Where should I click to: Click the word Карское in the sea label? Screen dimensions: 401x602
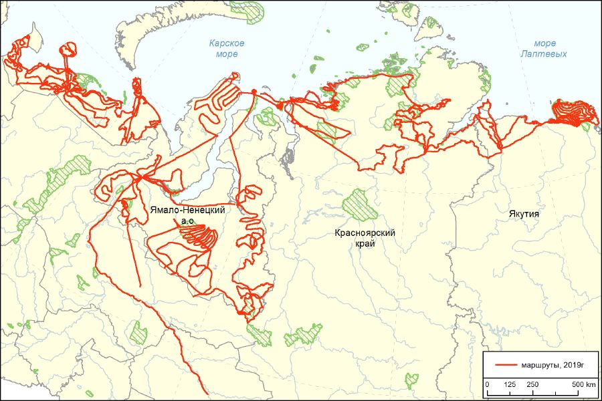[x=226, y=43]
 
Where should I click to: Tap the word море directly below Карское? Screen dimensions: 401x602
[x=226, y=54]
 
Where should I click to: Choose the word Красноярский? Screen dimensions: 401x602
[x=367, y=233]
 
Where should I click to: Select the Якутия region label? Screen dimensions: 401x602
[x=523, y=214]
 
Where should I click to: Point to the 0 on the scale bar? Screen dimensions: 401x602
[x=487, y=385]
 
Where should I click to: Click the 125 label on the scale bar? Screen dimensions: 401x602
[x=510, y=385]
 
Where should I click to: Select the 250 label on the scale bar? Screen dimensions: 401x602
[x=532, y=385]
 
